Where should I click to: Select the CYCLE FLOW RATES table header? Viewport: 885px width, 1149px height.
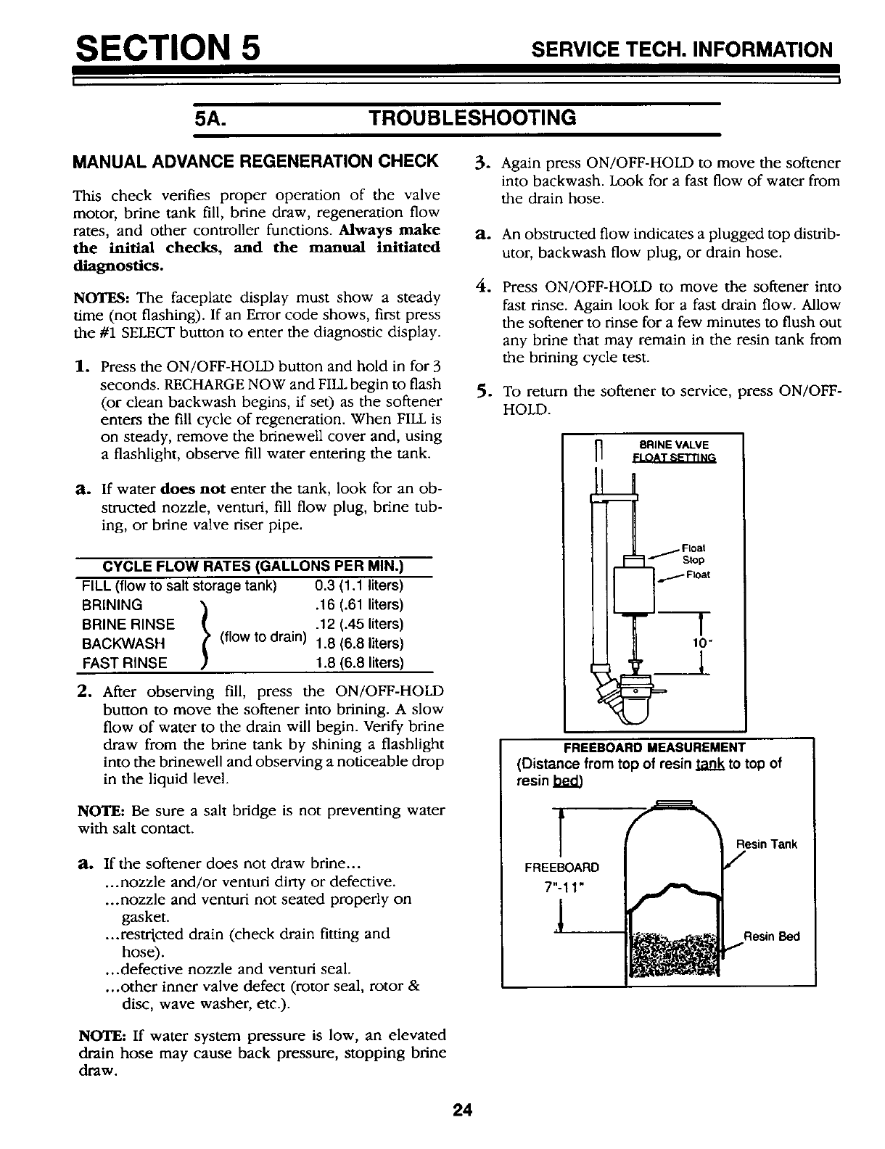click(x=254, y=567)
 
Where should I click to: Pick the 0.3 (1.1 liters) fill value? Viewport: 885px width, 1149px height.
click(x=359, y=585)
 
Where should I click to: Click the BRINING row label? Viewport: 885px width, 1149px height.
click(x=113, y=605)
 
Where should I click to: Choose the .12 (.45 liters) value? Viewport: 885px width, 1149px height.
click(x=359, y=624)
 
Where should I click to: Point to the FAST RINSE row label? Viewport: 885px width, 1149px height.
click(x=125, y=662)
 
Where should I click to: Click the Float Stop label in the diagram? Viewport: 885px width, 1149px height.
click(x=696, y=553)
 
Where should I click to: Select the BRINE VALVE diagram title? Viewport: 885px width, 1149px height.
click(x=674, y=445)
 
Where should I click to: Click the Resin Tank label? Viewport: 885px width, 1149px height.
click(x=767, y=844)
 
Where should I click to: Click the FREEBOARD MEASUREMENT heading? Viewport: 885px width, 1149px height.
click(x=654, y=748)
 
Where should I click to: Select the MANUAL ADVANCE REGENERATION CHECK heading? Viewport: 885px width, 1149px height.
click(x=256, y=160)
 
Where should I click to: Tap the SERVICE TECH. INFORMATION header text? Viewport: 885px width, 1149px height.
click(x=681, y=49)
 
